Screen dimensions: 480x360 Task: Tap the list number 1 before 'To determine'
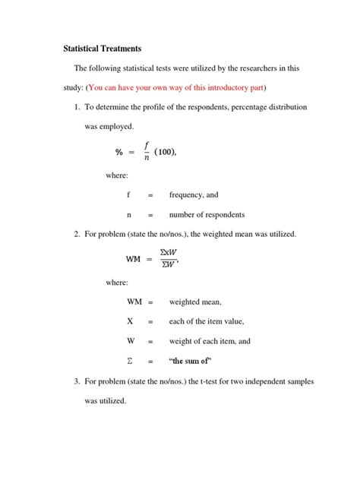coord(77,107)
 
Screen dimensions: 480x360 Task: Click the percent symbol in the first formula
coord(119,152)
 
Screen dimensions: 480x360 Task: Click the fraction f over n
coord(145,151)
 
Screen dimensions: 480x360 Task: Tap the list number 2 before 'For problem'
coord(77,234)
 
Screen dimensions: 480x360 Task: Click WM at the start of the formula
coord(134,259)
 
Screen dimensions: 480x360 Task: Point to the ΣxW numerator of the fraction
coord(169,252)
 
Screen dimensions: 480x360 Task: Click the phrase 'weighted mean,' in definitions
coord(195,302)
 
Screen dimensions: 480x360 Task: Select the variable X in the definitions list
coord(130,321)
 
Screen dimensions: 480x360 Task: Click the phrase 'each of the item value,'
coord(207,321)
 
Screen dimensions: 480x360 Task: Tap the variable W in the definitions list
coord(131,341)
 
